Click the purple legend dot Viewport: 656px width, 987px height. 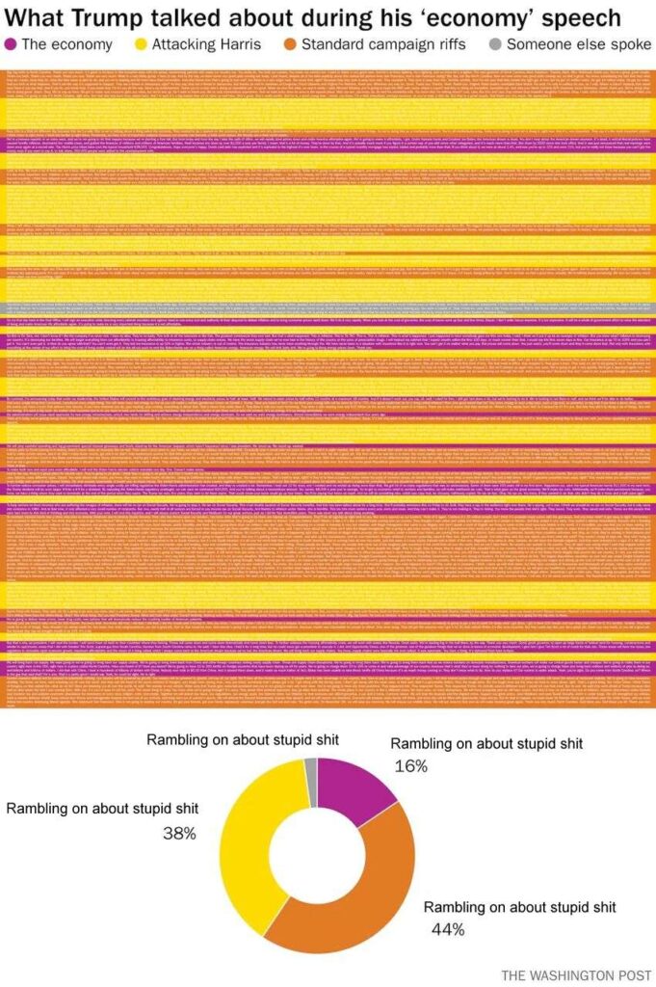pyautogui.click(x=11, y=44)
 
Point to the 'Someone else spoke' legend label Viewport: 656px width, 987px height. pyautogui.click(x=574, y=44)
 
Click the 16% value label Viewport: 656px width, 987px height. pyautogui.click(x=411, y=765)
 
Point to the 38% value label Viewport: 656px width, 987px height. pyautogui.click(x=179, y=832)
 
